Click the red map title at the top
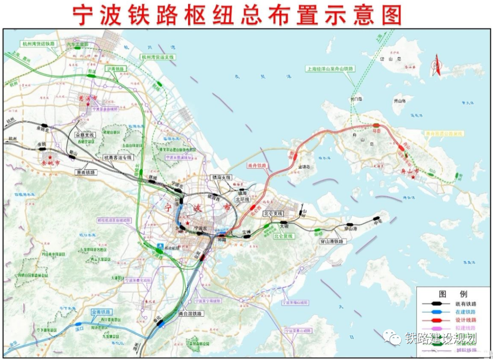tap(237, 15)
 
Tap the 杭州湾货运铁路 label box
tap(38, 44)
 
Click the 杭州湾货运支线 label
tap(157, 57)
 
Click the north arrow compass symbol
tap(436, 65)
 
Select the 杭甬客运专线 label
tap(118, 157)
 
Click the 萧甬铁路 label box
tap(86, 172)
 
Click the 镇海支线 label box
tap(221, 177)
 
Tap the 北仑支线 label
tap(273, 214)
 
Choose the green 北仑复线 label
tap(284, 236)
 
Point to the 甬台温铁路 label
tap(190, 314)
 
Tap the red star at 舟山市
tap(414, 177)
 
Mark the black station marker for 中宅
tap(377, 219)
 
